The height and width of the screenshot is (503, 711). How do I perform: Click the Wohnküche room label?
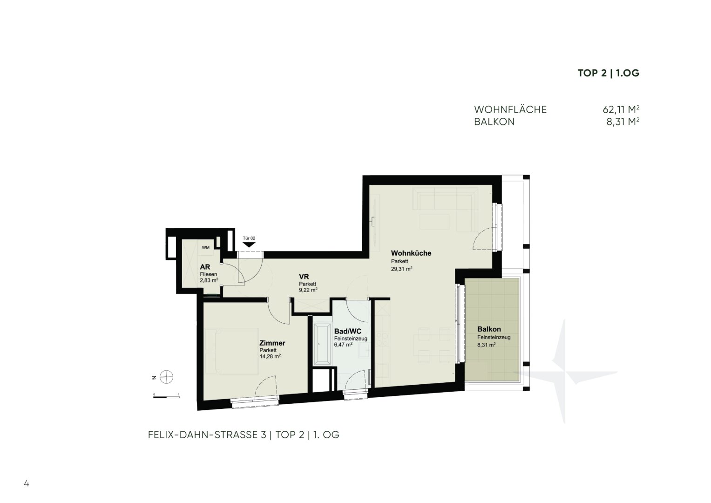pos(411,253)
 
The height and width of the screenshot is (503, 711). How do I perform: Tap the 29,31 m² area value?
pos(401,269)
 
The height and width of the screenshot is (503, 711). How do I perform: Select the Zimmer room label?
pos(272,343)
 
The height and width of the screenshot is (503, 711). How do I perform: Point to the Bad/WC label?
pos(347,332)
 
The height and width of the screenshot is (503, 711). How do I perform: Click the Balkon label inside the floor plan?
pos(489,329)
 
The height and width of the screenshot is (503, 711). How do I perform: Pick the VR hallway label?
pos(304,277)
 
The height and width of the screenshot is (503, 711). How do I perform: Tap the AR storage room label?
pos(205,267)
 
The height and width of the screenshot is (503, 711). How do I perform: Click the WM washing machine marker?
pos(206,247)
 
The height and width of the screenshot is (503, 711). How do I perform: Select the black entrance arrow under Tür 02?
pos(249,245)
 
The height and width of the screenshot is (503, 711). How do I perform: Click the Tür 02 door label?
pos(249,238)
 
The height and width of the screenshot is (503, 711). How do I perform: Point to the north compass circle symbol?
pos(166,377)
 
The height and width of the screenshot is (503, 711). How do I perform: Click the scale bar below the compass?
pos(166,397)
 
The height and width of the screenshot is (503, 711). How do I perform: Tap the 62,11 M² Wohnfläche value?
pos(621,109)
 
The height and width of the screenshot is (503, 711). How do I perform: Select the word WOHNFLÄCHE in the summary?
pos(510,109)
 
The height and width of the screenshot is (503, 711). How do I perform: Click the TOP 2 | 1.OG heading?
pos(609,73)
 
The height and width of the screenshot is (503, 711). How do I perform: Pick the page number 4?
pos(27,483)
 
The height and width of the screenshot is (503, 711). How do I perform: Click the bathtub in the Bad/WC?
pos(322,343)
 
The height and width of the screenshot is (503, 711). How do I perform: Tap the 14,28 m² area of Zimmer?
pos(270,356)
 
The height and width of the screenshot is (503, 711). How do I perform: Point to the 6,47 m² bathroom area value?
pos(343,344)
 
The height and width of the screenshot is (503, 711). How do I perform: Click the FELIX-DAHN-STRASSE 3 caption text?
pos(207,435)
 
